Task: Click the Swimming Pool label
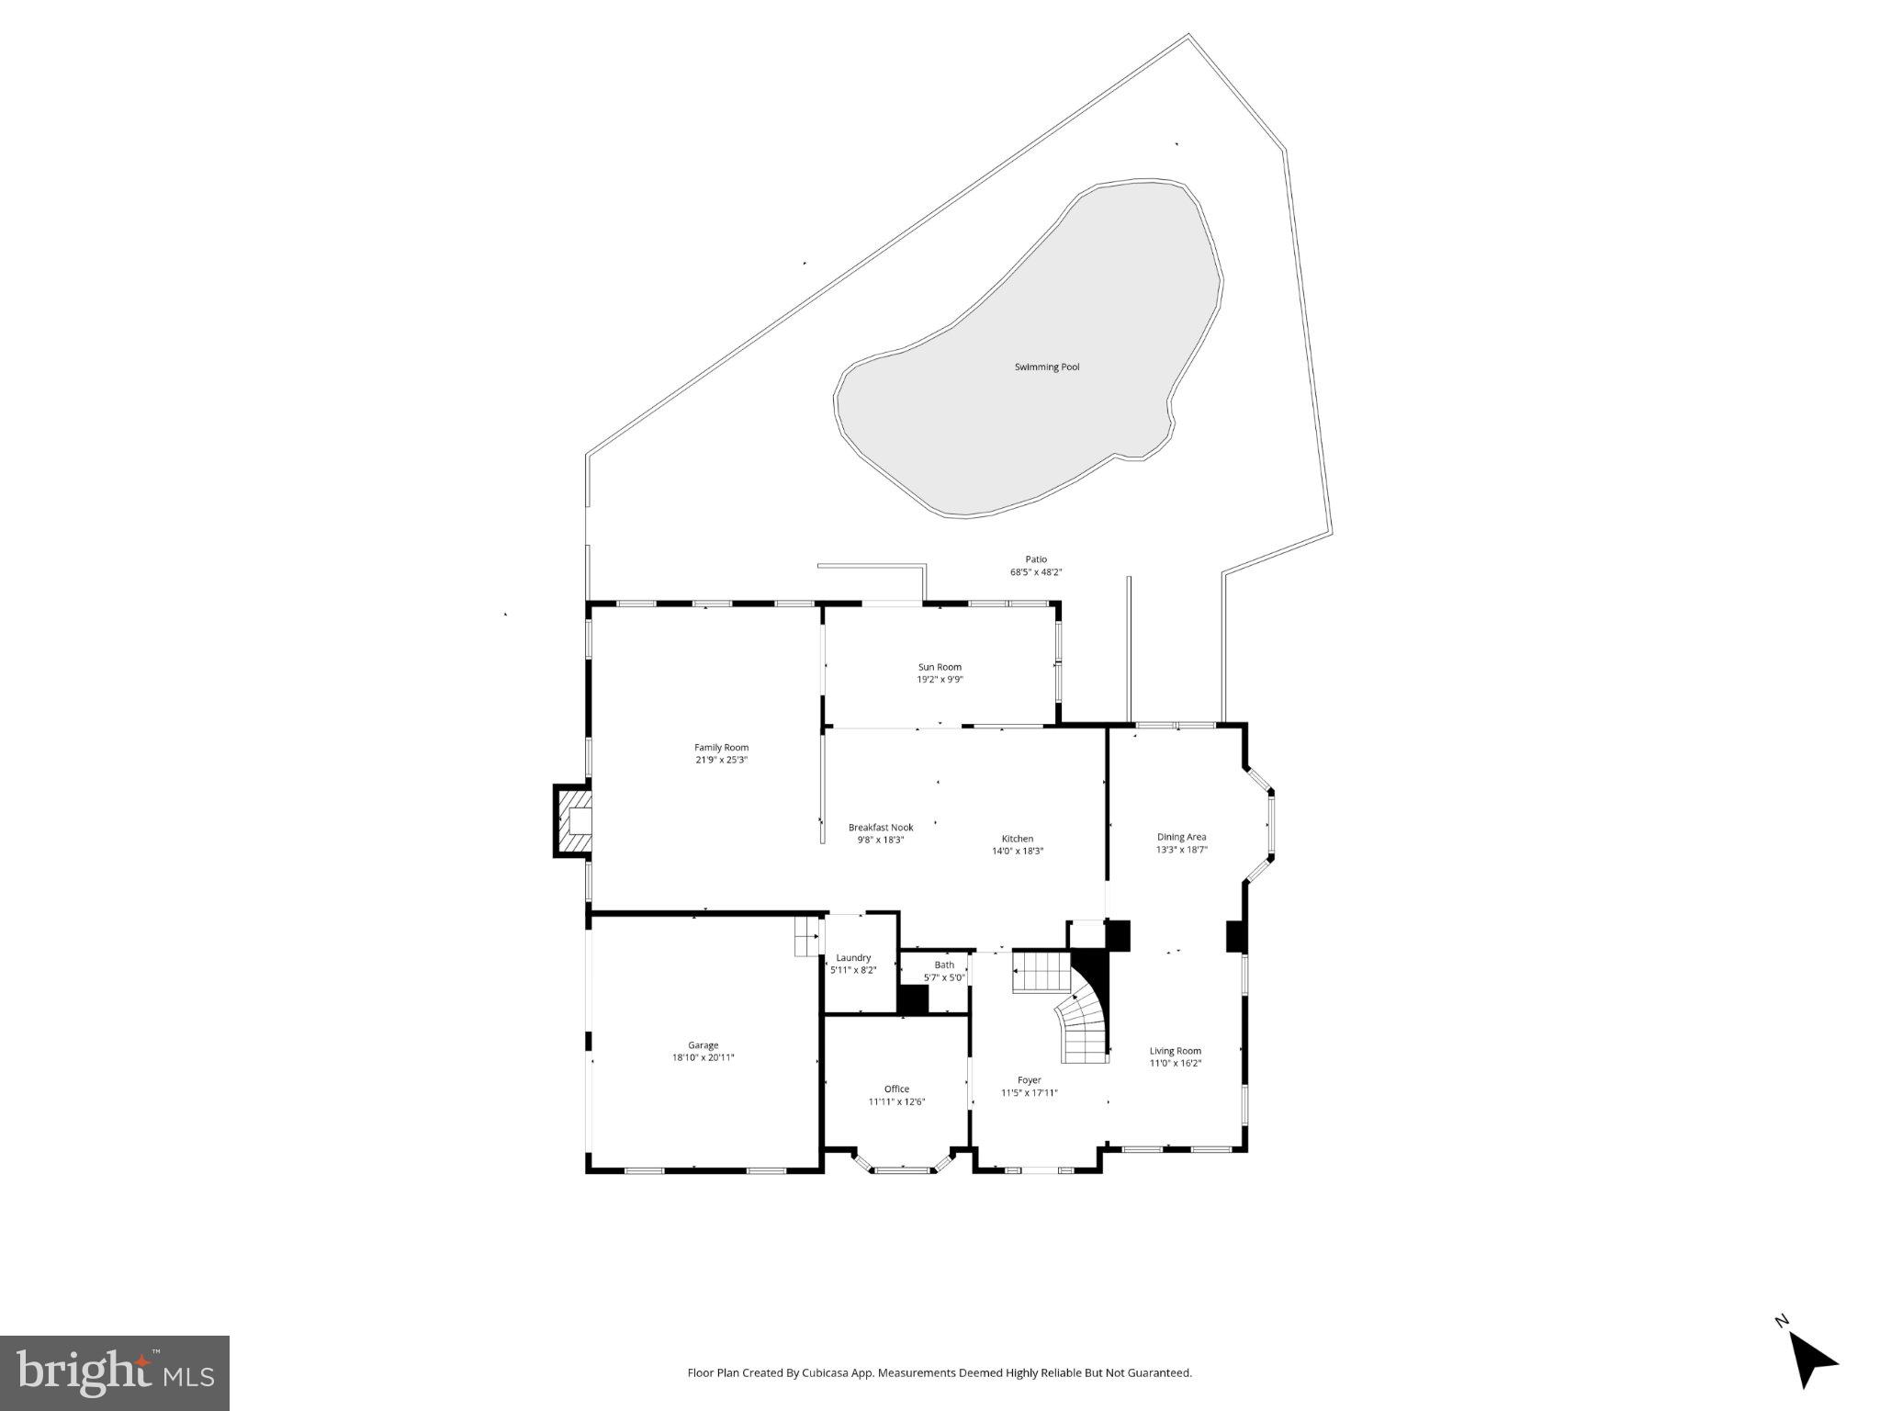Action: [1046, 367]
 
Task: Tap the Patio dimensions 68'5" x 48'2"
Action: [1035, 572]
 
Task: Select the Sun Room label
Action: [940, 667]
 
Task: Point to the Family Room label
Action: [721, 748]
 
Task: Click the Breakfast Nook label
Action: [880, 828]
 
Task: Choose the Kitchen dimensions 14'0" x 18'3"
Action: [1017, 851]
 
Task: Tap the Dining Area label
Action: [1181, 837]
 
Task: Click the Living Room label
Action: [1175, 1051]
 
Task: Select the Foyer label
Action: [1029, 1080]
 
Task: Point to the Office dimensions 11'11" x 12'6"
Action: [896, 1101]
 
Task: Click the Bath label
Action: [944, 965]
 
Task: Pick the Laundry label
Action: [853, 958]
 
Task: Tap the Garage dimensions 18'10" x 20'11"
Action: [703, 1057]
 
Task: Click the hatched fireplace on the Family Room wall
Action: [572, 820]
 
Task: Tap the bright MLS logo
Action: [115, 1372]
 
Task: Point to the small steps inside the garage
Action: [806, 937]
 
